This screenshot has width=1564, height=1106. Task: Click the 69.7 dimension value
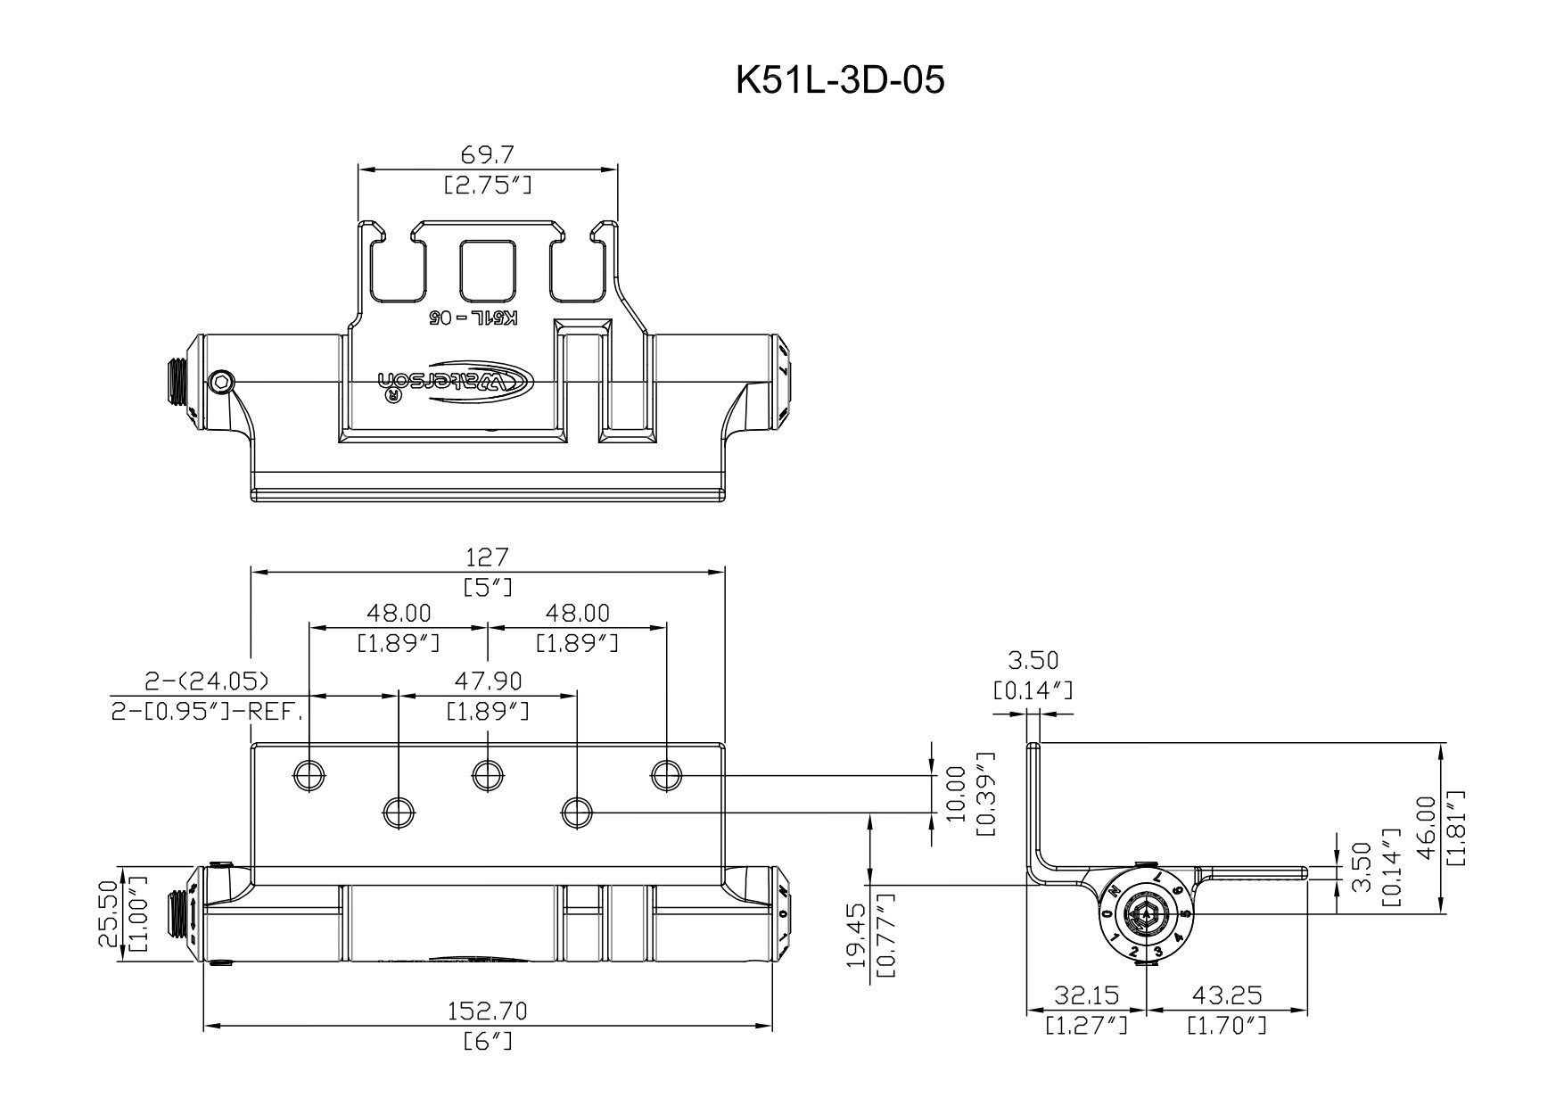tap(488, 155)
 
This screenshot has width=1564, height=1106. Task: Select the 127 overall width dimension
tap(488, 557)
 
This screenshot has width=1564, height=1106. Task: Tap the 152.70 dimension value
tap(488, 1011)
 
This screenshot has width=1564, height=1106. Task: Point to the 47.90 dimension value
tap(488, 681)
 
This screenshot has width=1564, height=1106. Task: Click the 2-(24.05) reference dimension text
tap(207, 681)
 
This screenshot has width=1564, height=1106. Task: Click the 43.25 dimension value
tap(1227, 995)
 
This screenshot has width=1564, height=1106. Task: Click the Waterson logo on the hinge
tap(457, 382)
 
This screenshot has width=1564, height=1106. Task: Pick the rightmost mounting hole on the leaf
tap(666, 775)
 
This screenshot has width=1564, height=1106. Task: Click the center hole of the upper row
tap(488, 775)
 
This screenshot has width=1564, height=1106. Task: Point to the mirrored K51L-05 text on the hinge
tap(475, 318)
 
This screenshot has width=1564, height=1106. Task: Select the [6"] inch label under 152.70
tap(488, 1042)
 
